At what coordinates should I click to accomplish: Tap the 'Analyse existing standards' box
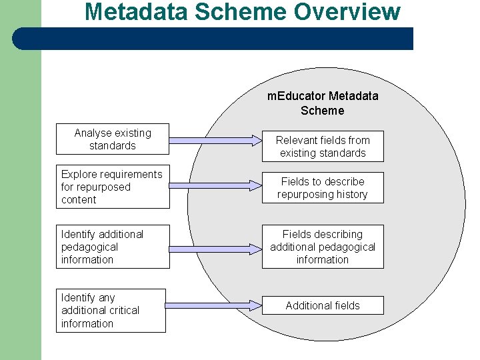[x=113, y=139]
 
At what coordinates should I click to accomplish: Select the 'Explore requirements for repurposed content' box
[x=113, y=187]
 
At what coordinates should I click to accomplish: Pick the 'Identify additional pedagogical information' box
[x=113, y=247]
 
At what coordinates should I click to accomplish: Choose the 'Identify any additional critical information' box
[x=110, y=310]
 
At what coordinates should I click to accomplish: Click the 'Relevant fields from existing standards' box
[x=323, y=147]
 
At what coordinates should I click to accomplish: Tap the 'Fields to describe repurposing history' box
[x=323, y=188]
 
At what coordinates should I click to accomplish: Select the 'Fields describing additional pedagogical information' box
[x=323, y=247]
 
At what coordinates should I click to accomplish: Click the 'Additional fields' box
[x=323, y=305]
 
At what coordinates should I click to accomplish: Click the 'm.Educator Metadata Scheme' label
[x=323, y=103]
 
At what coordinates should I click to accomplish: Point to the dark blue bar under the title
[x=213, y=39]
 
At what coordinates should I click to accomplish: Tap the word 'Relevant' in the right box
[x=297, y=140]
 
